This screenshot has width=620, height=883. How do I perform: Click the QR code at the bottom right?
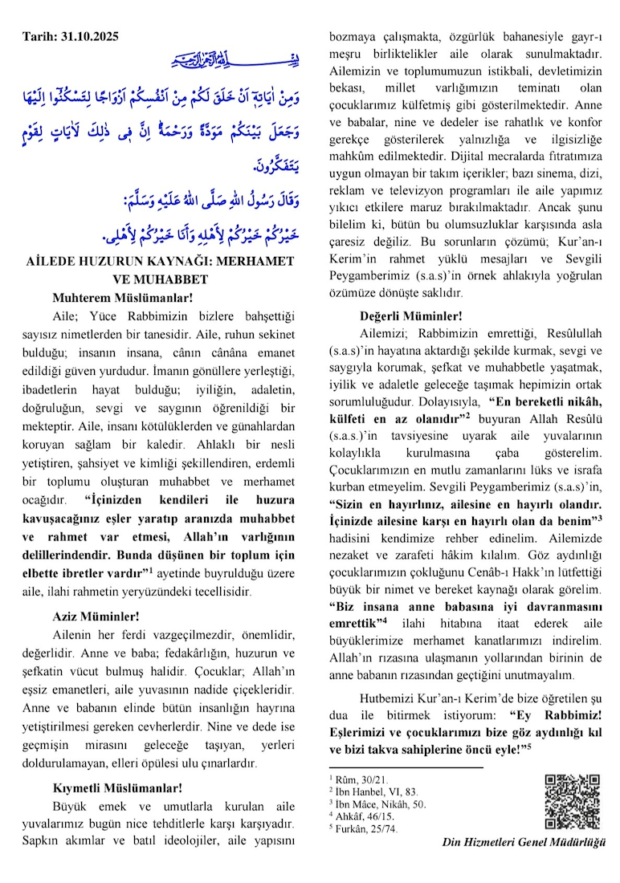(572, 801)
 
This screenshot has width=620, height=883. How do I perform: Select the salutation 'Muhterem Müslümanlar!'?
(112, 297)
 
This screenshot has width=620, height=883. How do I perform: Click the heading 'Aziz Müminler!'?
(96, 617)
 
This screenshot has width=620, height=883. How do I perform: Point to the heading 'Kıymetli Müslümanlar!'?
(117, 787)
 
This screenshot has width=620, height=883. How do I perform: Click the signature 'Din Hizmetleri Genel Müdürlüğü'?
(524, 842)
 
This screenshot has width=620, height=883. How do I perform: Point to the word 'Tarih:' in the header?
(39, 38)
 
